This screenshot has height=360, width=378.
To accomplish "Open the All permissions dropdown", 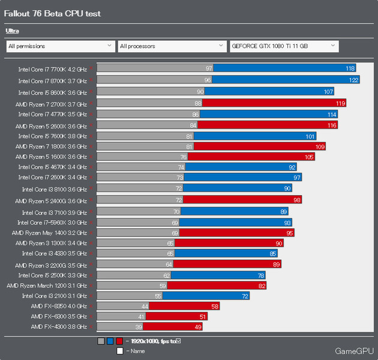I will [60, 46].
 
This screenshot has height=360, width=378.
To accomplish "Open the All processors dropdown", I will [172, 46].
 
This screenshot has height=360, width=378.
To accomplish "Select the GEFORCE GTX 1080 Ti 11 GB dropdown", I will [284, 46].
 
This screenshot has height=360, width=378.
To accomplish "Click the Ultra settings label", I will [12, 30].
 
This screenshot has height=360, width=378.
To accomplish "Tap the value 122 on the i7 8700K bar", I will [353, 80].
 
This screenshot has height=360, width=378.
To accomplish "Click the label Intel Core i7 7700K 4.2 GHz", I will [52, 69].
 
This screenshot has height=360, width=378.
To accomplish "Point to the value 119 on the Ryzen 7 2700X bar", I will [340, 103].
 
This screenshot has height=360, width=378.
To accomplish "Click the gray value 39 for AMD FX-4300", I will [138, 326].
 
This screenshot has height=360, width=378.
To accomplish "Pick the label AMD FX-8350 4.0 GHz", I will [59, 306].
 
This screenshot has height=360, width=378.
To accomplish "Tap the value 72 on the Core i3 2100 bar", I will [245, 296].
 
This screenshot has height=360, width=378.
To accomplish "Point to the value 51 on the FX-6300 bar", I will [202, 316].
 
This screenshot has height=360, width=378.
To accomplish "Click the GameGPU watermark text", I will [354, 350].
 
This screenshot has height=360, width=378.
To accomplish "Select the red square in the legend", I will [119, 341].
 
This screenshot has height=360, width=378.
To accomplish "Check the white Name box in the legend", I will [119, 351].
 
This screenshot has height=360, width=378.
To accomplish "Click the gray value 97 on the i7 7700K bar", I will [209, 69].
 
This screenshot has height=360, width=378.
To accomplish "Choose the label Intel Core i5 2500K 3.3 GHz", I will [53, 275].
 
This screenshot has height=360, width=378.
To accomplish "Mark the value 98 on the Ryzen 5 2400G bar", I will [296, 200].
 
